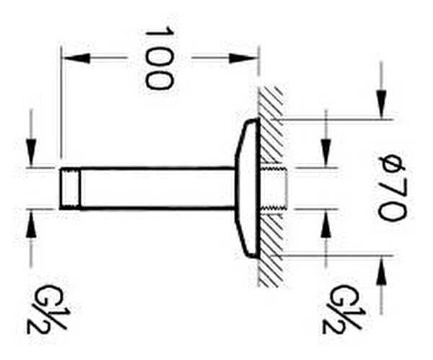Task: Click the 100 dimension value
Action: [x=159, y=58]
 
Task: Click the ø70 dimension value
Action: [x=393, y=187]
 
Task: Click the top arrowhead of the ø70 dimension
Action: [x=381, y=108]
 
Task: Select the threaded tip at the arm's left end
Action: [x=69, y=188]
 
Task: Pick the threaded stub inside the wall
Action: [x=276, y=188]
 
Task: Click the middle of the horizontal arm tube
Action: [x=155, y=188]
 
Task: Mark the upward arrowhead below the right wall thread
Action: [x=326, y=221]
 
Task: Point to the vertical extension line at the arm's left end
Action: [x=61, y=108]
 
